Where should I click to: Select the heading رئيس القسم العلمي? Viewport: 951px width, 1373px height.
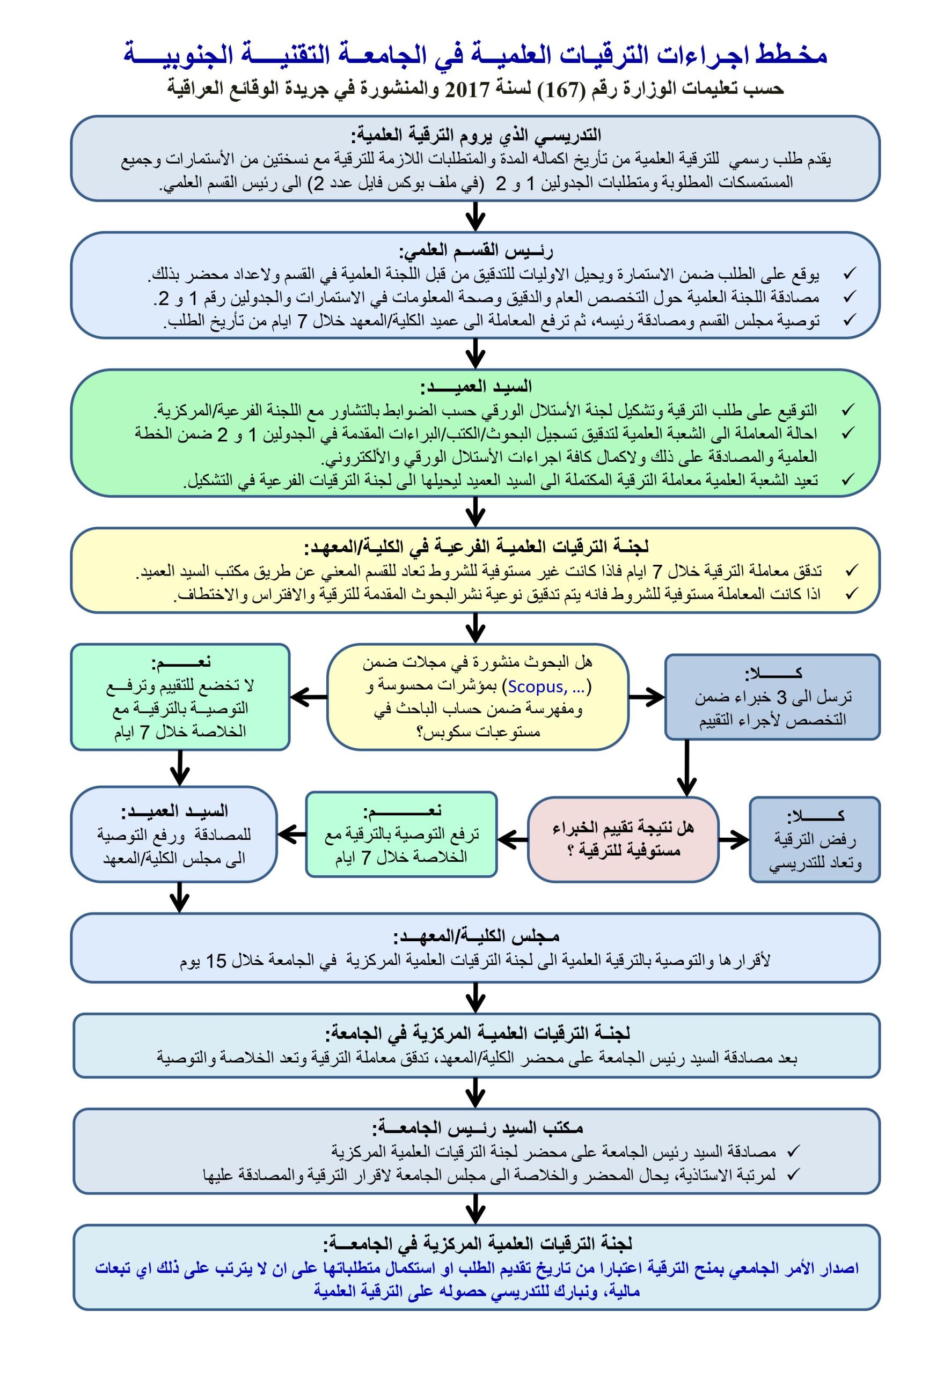click(x=475, y=250)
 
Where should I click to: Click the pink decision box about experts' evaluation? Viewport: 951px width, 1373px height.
click(x=623, y=839)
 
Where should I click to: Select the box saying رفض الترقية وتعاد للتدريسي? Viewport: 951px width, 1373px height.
click(x=814, y=839)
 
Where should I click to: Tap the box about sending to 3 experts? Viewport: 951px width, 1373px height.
click(x=772, y=697)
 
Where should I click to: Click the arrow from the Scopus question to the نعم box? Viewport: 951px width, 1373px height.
click(x=309, y=697)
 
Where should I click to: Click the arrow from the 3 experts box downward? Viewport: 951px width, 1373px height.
click(x=686, y=767)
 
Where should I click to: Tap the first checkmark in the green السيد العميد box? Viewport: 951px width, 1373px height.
click(x=848, y=410)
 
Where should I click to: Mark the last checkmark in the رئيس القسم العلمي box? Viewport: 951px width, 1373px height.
click(x=849, y=320)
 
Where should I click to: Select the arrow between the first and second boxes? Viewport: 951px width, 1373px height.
click(x=475, y=216)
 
